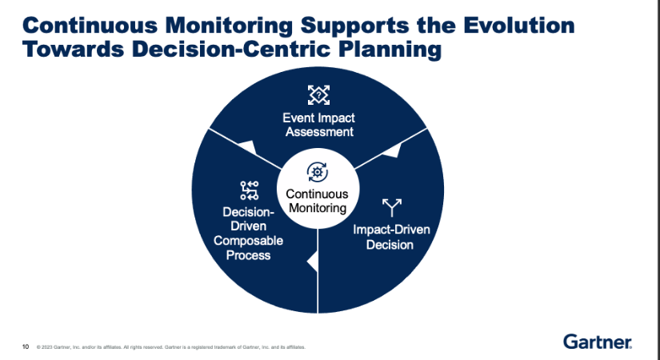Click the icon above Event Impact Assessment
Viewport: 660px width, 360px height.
tap(318, 95)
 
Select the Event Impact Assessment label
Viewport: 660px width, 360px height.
tap(318, 126)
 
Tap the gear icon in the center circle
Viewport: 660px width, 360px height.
tap(318, 172)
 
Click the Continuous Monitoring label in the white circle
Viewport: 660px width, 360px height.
tap(318, 201)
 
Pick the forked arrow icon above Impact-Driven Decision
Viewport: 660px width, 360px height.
tap(390, 208)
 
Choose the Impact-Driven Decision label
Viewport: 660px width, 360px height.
tap(391, 237)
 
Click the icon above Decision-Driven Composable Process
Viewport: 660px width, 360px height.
tap(249, 190)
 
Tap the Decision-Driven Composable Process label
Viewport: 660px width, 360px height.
tap(247, 234)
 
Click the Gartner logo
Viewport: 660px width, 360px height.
tap(598, 342)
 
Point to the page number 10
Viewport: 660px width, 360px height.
tap(26, 346)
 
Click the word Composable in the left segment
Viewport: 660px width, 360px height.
tap(247, 241)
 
